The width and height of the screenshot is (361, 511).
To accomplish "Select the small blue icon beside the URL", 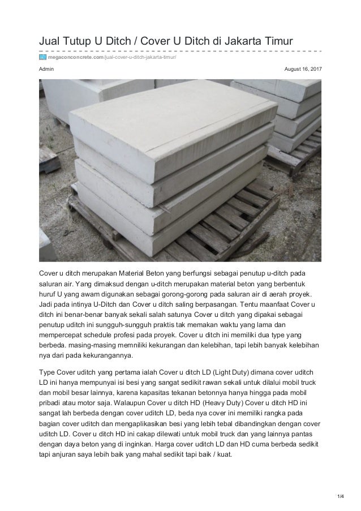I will click(x=42, y=57).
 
